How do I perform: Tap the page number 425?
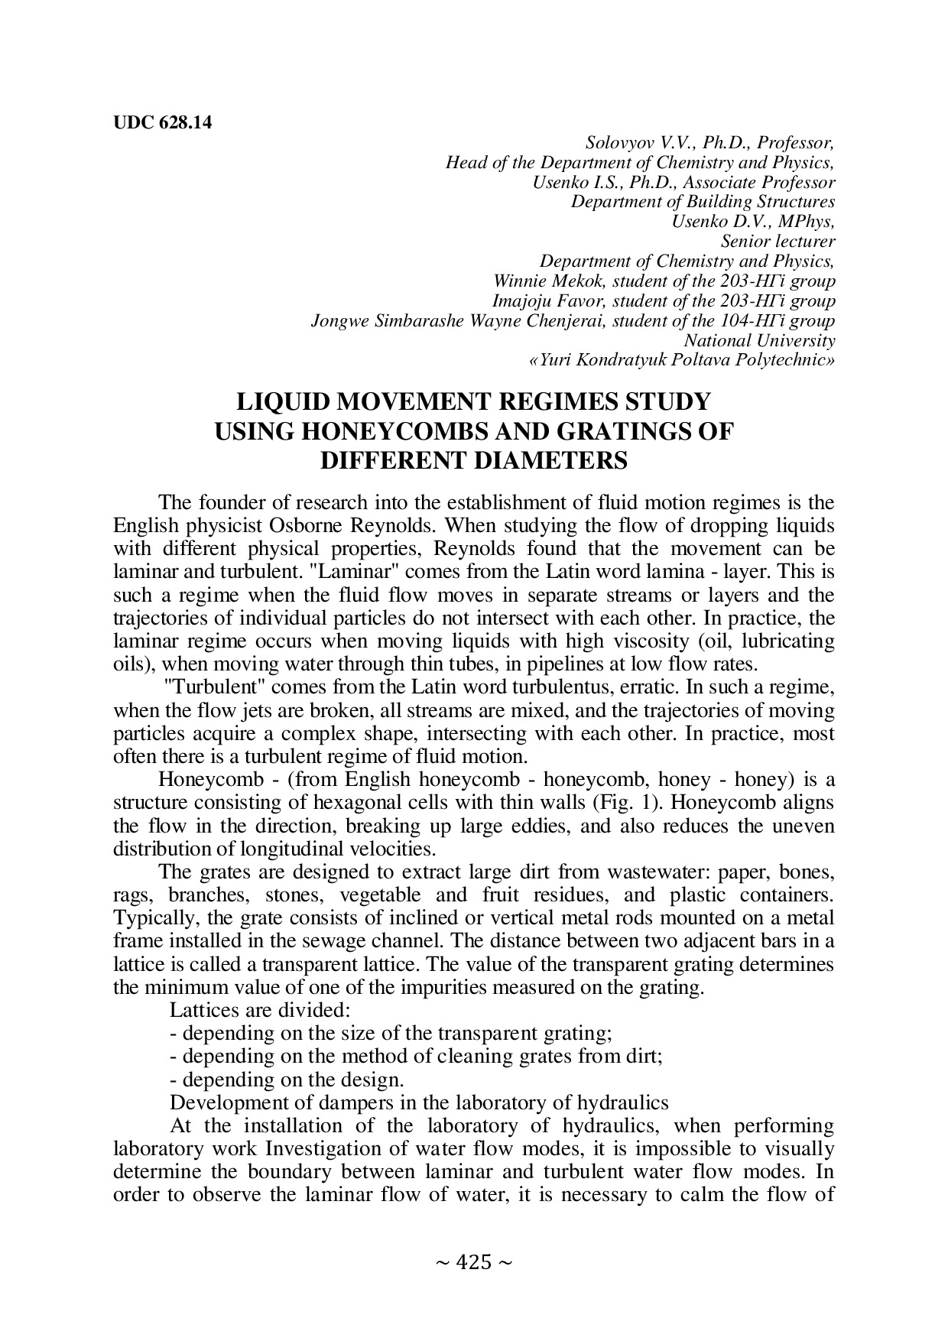click(x=473, y=1262)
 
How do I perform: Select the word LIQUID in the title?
click(x=282, y=402)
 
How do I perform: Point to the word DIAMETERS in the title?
click(x=473, y=462)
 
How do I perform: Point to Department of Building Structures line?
click(x=703, y=202)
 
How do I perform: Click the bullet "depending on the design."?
click(x=287, y=1080)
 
